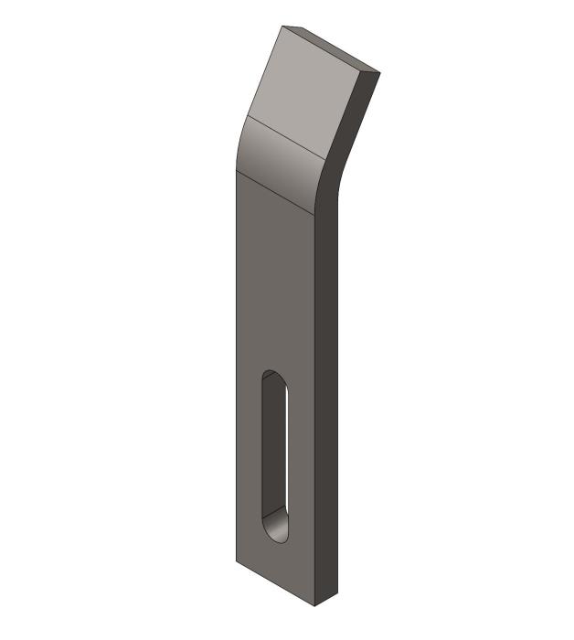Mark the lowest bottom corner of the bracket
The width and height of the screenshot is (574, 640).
coord(314,606)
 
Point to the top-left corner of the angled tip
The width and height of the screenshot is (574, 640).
coord(282,26)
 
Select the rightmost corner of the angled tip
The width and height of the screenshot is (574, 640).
coord(378,71)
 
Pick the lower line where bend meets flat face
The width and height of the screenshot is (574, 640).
coord(274,192)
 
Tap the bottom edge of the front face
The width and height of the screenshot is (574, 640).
coord(275,583)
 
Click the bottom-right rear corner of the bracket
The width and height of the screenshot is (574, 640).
coord(337,593)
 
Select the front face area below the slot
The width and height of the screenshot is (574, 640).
coord(274,562)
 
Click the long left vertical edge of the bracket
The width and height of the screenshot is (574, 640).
coord(236,366)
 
